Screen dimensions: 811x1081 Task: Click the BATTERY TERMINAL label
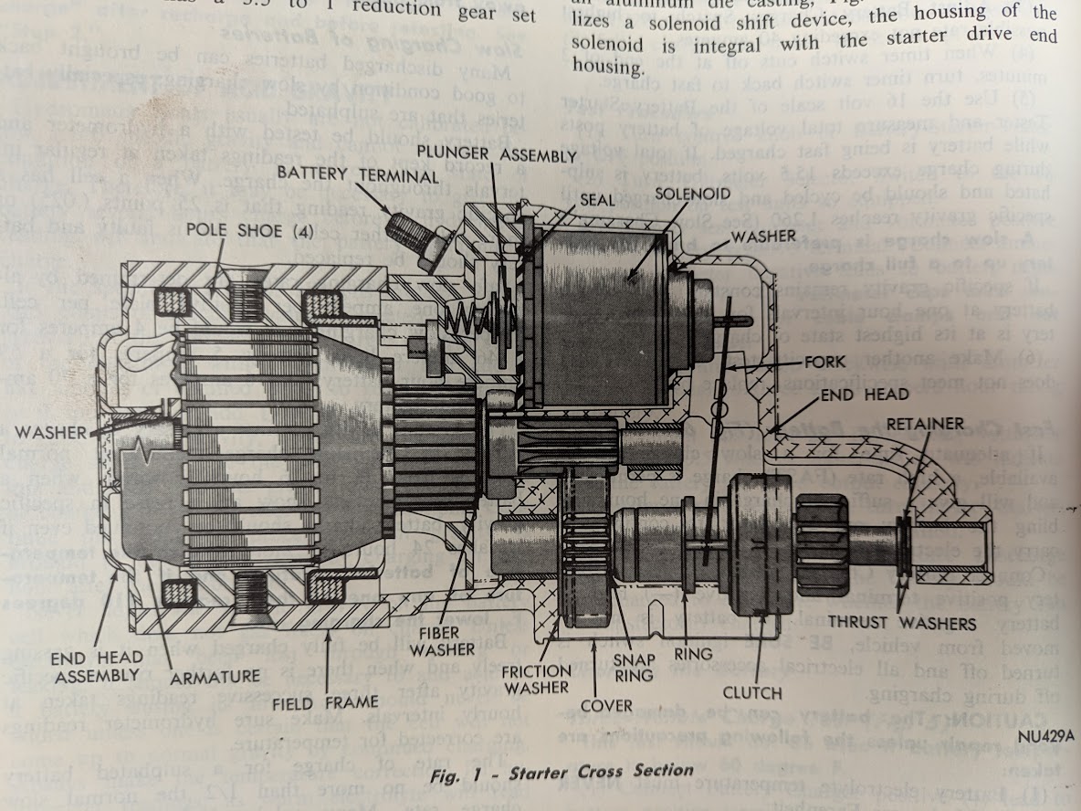(x=338, y=173)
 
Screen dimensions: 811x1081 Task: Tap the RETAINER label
(x=924, y=423)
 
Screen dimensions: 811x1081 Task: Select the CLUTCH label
(x=751, y=692)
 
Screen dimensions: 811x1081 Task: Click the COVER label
(x=607, y=705)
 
